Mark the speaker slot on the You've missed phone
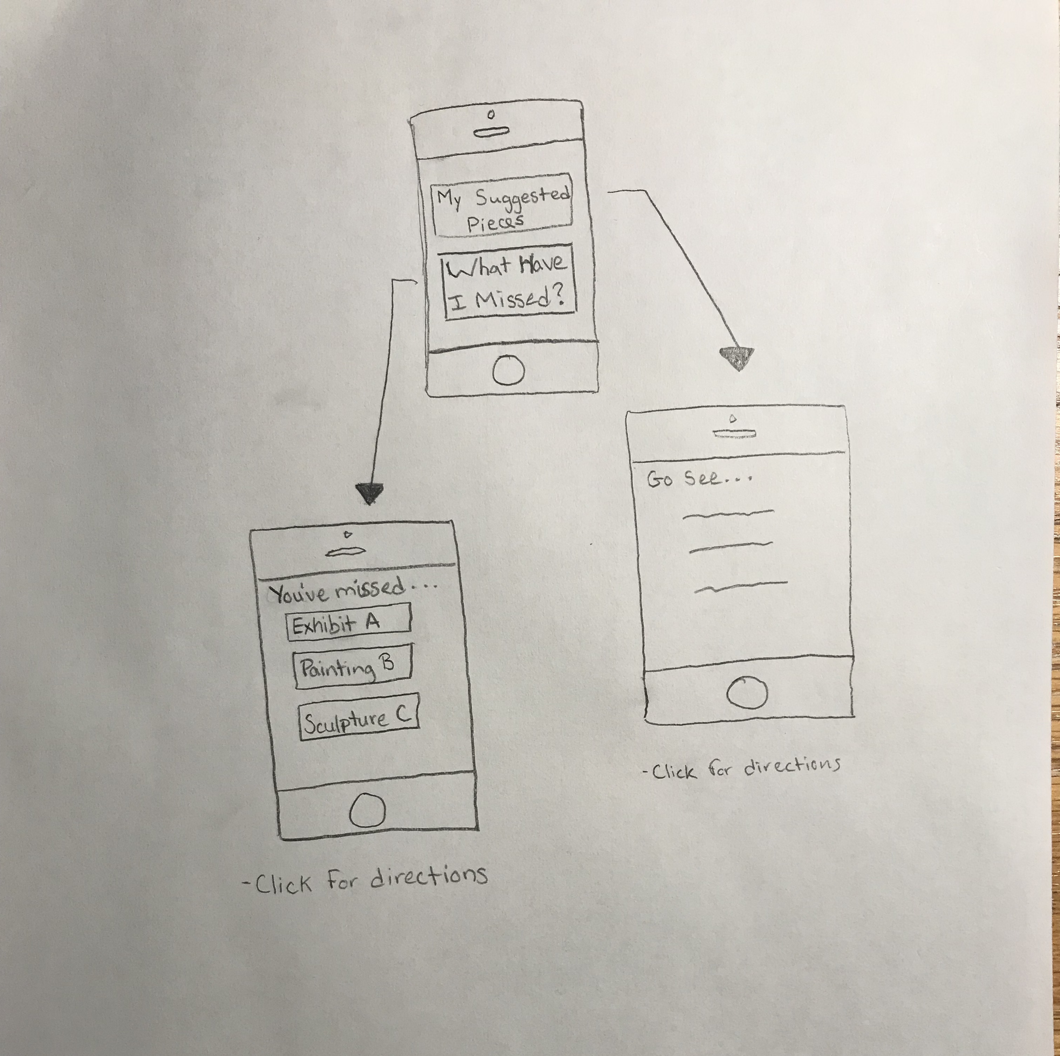point(346,552)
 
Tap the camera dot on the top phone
point(491,114)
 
